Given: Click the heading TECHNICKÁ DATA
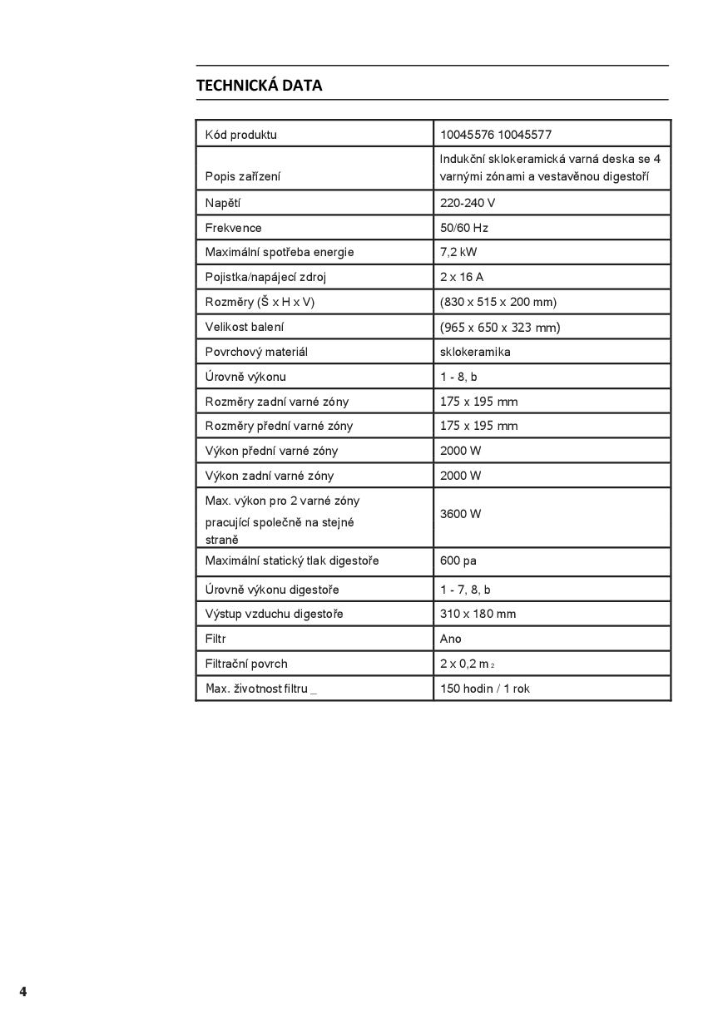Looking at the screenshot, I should click(x=259, y=86).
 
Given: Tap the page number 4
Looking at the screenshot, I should click(x=23, y=991).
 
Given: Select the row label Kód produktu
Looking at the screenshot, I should click(x=241, y=135).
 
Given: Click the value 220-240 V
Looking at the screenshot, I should click(x=468, y=203).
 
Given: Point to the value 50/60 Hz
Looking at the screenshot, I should click(x=463, y=228).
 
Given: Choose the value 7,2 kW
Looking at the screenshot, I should click(x=458, y=252).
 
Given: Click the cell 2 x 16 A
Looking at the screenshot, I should click(x=462, y=277).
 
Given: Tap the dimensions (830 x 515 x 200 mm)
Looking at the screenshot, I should click(x=498, y=302).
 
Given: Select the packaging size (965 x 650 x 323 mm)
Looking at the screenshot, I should click(x=500, y=328).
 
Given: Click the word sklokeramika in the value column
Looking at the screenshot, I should click(x=475, y=352).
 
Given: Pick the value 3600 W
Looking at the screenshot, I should click(x=460, y=514).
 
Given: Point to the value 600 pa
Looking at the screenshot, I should click(x=458, y=560).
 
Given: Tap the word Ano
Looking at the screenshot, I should click(x=450, y=639).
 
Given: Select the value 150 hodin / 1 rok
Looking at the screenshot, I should click(x=484, y=689).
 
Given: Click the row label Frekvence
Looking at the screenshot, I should click(x=233, y=228).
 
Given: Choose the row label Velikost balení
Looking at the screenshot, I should click(x=245, y=327).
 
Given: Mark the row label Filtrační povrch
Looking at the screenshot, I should click(x=246, y=664).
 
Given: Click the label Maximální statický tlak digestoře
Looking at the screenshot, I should click(x=292, y=560).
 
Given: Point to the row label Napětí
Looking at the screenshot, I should click(x=223, y=203).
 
